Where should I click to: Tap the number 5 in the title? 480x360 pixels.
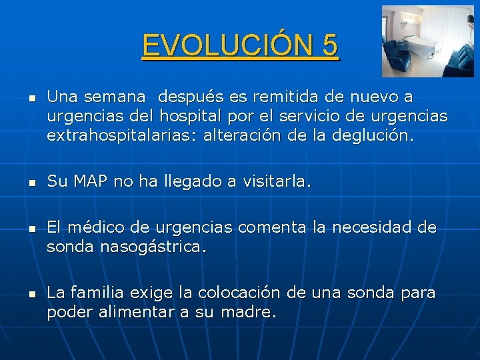click(x=329, y=46)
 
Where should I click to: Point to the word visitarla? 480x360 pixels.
click(x=275, y=182)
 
